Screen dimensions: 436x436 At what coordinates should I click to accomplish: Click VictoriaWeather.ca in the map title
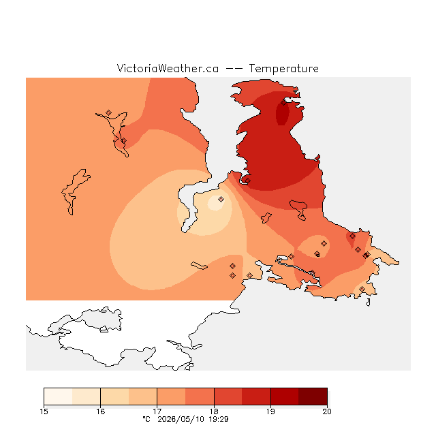[168, 68]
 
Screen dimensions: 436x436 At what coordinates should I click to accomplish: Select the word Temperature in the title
[283, 68]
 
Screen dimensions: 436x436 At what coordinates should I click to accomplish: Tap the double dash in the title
[234, 69]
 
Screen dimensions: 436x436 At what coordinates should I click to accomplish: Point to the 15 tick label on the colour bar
[44, 411]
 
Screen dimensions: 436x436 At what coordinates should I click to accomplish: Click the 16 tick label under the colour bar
[101, 411]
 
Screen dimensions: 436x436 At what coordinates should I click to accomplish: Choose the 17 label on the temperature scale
[157, 411]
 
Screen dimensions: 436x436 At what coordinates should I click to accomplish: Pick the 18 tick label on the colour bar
[214, 411]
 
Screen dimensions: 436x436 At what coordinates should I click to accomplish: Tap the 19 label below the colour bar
[270, 411]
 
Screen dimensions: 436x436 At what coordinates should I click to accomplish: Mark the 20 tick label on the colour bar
[327, 411]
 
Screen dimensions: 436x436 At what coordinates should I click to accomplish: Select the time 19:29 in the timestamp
[219, 419]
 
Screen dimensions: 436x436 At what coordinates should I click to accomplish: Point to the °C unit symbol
[146, 419]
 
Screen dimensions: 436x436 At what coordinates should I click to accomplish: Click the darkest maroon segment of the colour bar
[313, 396]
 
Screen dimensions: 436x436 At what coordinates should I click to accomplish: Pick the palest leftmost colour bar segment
[58, 396]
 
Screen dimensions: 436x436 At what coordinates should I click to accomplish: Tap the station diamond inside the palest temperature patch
[221, 199]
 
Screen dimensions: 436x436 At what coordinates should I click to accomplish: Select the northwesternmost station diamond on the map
[109, 112]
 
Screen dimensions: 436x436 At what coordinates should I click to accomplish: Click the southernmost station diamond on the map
[362, 289]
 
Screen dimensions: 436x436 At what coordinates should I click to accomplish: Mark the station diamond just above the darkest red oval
[283, 103]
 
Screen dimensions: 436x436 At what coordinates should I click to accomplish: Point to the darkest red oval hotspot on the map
[282, 114]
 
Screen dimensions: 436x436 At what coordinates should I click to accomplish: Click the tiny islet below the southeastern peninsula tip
[368, 302]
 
